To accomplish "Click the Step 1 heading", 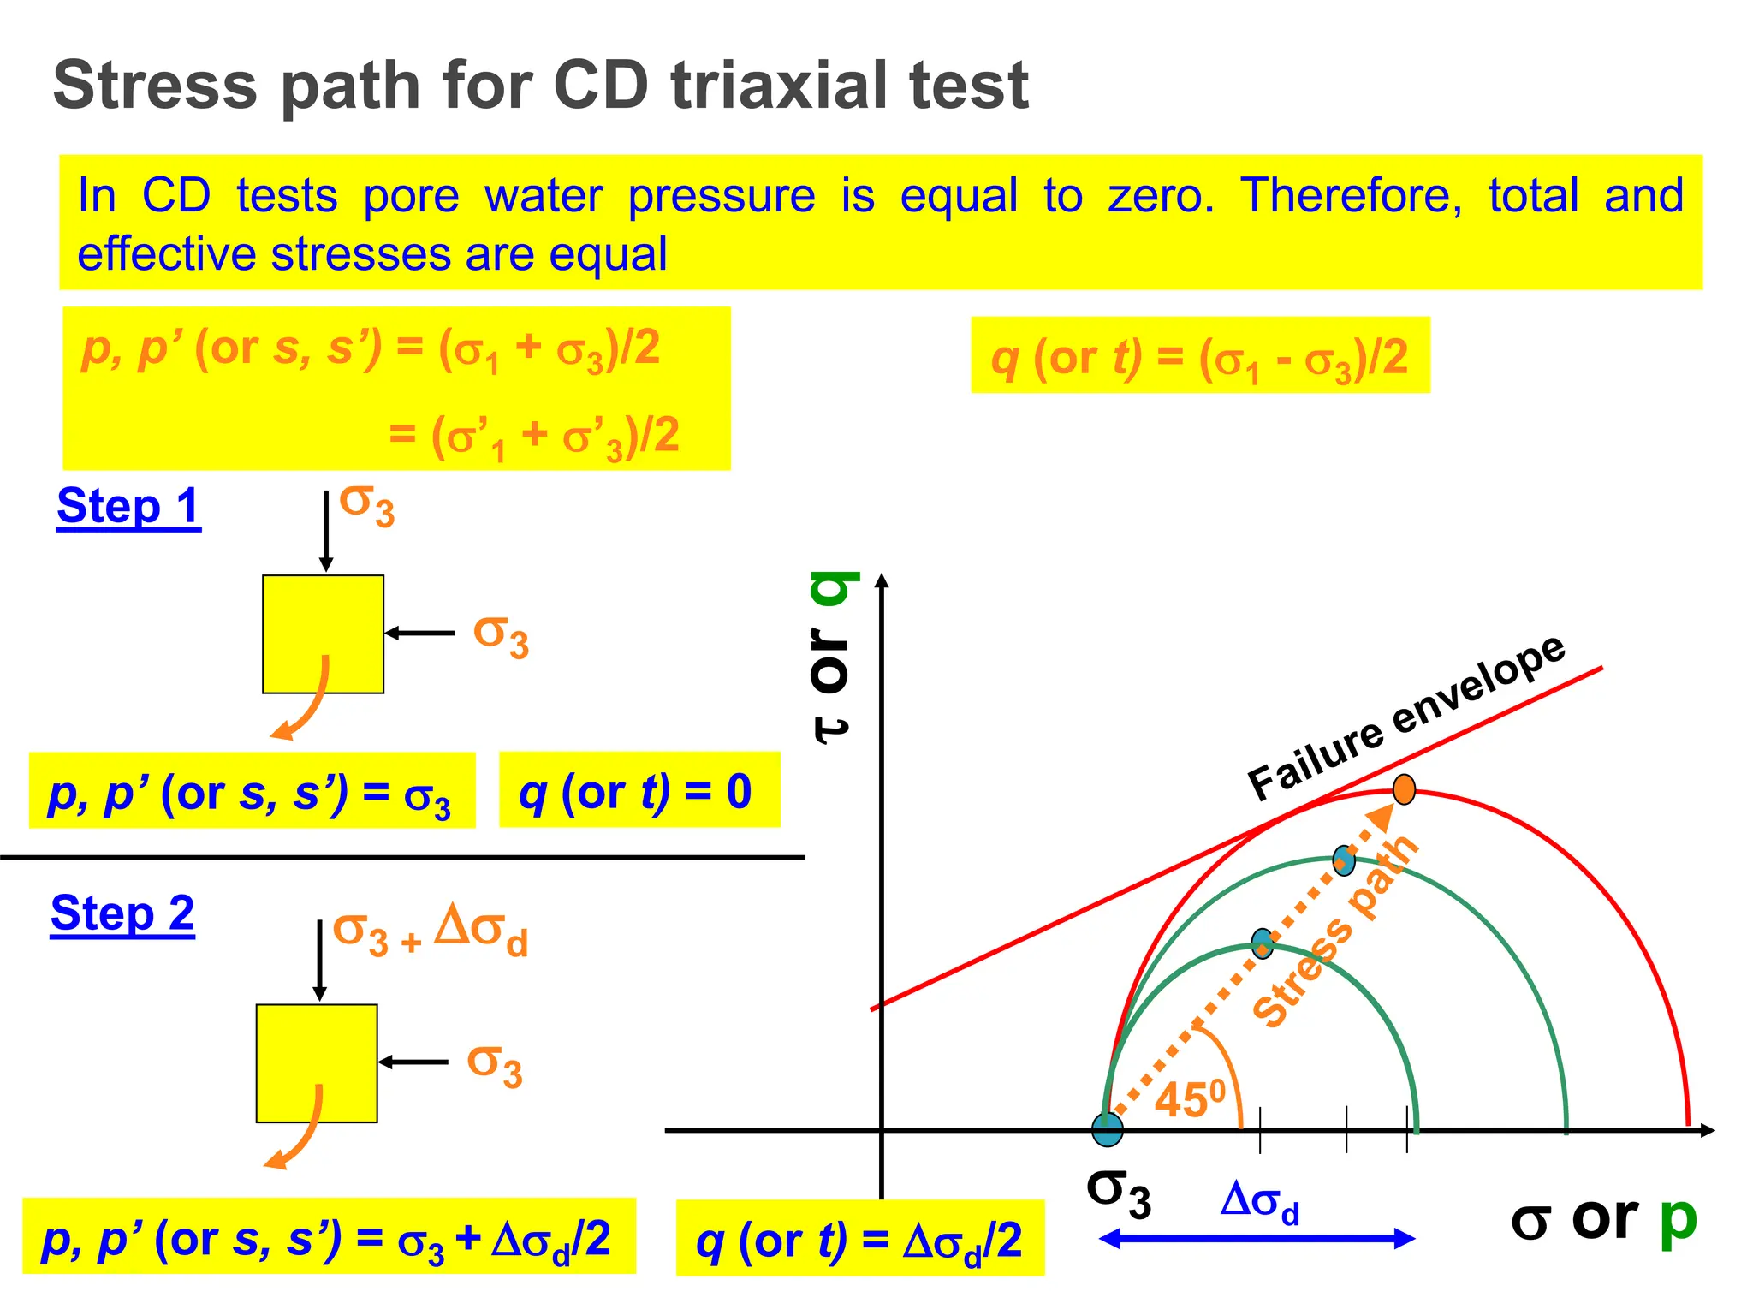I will tap(128, 506).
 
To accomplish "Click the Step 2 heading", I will tap(122, 913).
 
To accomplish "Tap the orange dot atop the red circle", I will tap(1404, 789).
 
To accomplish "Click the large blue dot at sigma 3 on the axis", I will tap(1108, 1129).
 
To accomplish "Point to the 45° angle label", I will tap(1190, 1099).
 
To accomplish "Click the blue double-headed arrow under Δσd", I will tap(1257, 1239).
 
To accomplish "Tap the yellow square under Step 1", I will tap(323, 634).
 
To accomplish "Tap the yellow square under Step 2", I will tap(317, 1063).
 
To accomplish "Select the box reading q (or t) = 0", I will tap(639, 790).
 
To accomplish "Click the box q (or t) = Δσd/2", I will tap(859, 1239).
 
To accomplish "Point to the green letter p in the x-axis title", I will tap(1677, 1219).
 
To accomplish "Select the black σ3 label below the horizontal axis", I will tap(1118, 1193).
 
